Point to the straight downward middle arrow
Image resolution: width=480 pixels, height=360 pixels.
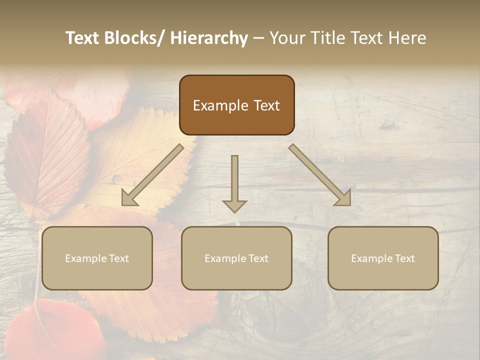tap(234, 180)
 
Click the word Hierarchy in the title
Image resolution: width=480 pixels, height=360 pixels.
tap(208, 38)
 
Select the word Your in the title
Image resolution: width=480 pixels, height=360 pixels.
tap(287, 38)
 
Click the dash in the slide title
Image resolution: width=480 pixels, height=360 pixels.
tap(258, 38)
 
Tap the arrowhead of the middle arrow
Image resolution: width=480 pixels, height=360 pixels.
tap(234, 205)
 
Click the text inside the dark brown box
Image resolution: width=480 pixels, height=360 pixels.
tap(236, 105)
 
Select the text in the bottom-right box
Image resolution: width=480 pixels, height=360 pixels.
tap(383, 258)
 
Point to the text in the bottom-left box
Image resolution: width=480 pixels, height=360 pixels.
tap(97, 258)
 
